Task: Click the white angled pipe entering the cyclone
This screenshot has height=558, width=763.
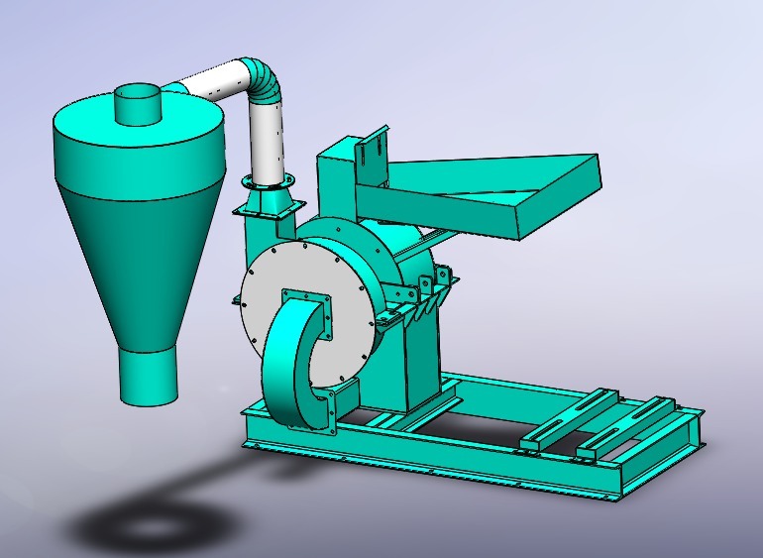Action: [213, 83]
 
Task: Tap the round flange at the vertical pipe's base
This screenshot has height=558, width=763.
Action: [269, 180]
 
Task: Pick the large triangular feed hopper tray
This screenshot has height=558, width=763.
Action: [476, 193]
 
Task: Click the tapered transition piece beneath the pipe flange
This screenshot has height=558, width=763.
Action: [268, 203]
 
